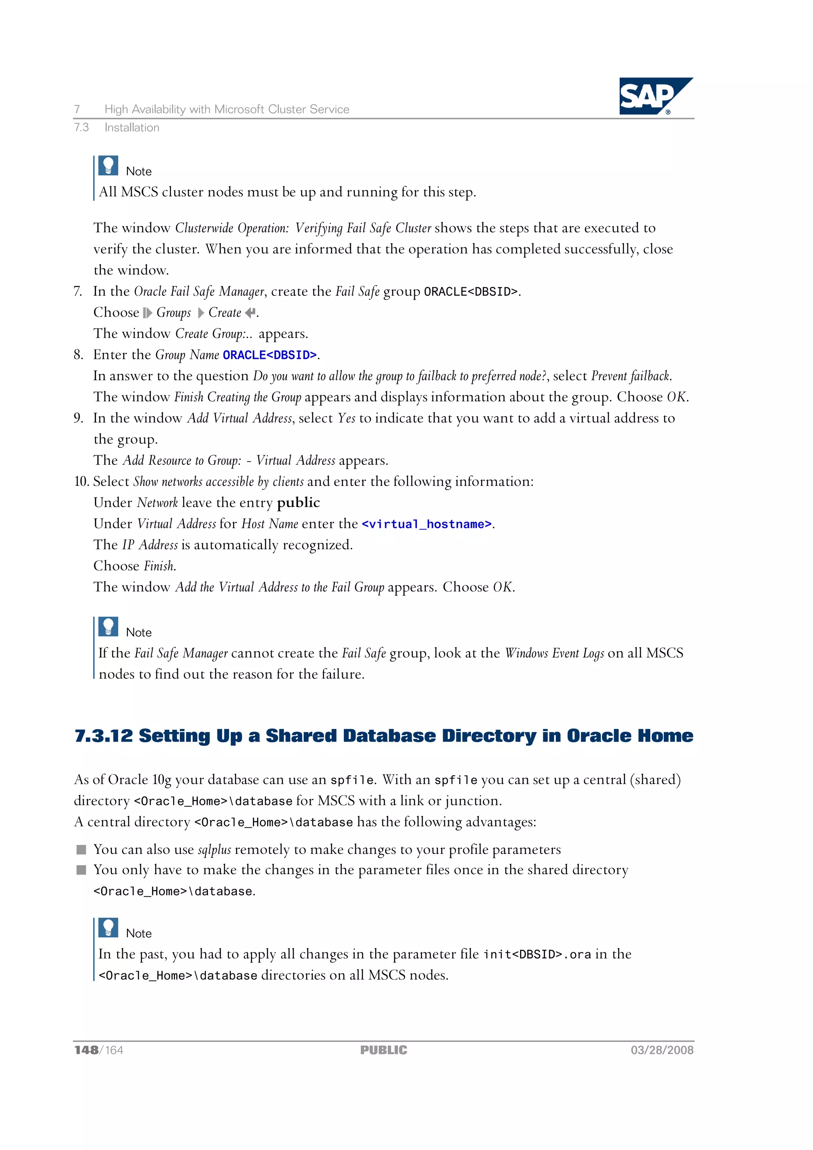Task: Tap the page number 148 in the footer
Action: [86, 1050]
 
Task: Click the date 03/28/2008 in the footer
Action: [662, 1050]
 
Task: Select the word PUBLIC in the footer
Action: [384, 1050]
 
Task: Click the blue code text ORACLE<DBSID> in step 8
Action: [270, 355]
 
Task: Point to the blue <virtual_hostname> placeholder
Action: [427, 524]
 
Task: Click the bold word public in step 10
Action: [298, 503]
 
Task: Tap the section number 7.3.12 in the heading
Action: [104, 736]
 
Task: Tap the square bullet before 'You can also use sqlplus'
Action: [81, 849]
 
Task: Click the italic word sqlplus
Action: [214, 850]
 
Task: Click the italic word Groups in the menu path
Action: [173, 312]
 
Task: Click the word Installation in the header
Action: [132, 128]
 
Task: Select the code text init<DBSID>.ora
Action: [537, 955]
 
